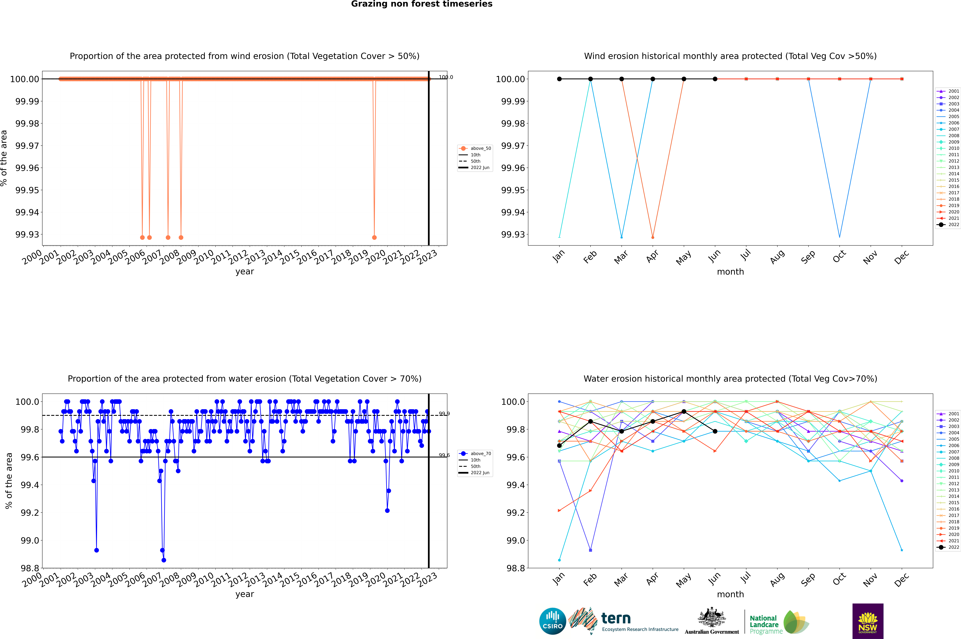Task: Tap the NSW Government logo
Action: click(868, 621)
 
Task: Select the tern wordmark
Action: click(616, 619)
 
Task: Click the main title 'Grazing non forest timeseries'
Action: click(422, 4)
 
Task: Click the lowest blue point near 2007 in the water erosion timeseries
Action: click(164, 560)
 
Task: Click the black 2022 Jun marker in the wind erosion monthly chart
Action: click(715, 79)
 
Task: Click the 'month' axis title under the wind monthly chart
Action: click(730, 272)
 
